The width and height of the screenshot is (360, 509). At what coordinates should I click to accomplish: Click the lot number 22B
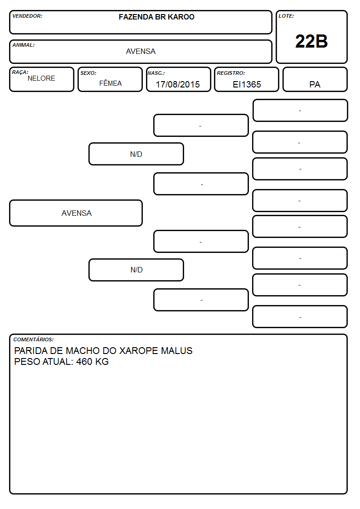311,41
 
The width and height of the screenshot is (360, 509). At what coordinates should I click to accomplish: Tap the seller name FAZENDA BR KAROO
156,17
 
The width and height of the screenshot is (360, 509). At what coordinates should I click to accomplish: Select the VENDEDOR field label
27,16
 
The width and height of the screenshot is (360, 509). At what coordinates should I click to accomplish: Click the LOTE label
286,16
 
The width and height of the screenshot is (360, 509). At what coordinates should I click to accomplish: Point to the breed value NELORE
41,78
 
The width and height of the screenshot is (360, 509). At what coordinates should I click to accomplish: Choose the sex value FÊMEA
110,83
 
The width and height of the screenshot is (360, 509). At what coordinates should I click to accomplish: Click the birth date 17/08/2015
178,84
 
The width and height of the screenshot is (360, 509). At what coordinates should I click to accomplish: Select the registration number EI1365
247,84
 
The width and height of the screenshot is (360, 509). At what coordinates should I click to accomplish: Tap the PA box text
315,84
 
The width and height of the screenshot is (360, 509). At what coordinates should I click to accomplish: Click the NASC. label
156,73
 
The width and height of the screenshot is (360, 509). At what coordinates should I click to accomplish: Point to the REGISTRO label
231,73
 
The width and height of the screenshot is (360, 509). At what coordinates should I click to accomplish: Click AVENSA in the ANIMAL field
141,51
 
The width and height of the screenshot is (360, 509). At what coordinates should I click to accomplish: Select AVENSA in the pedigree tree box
77,213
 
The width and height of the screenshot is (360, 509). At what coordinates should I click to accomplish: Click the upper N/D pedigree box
136,154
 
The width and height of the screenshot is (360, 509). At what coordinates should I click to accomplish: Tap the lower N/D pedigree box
136,270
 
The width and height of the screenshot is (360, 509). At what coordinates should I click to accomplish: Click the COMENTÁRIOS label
34,339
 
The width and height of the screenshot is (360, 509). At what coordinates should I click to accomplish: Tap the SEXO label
88,73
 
